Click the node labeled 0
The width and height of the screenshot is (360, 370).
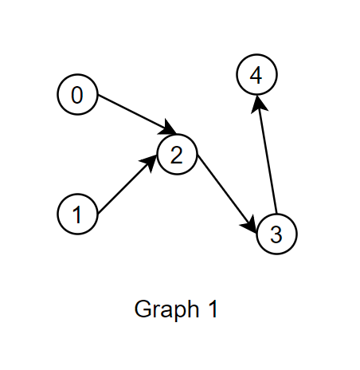click(x=77, y=95)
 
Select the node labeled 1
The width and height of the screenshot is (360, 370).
click(x=77, y=214)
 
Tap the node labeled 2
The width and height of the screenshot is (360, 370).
click(x=178, y=155)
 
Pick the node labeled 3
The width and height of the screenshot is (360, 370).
click(x=276, y=234)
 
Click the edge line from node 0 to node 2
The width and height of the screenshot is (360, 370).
click(x=131, y=113)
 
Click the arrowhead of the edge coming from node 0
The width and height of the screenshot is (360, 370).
click(x=168, y=130)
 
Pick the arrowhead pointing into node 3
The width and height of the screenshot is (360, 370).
click(x=253, y=226)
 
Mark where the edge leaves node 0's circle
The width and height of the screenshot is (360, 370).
click(x=96, y=100)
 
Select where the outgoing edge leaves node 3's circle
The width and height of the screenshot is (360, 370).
click(x=274, y=215)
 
